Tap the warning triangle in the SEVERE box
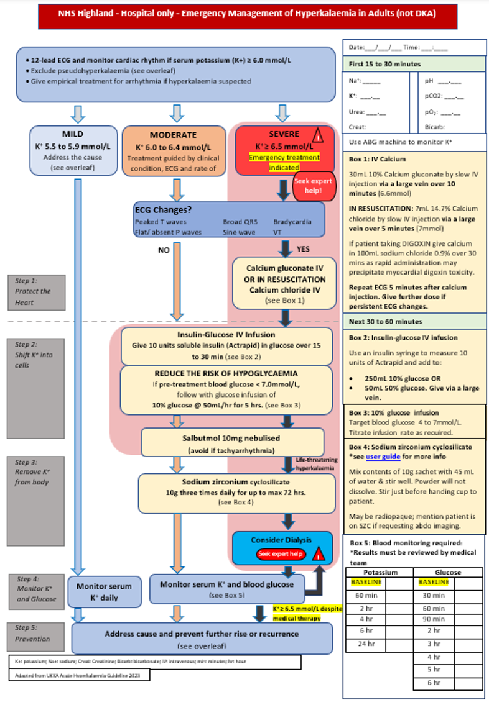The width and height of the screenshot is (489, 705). pyautogui.click(x=317, y=134)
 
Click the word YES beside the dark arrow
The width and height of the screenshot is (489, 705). pyautogui.click(x=303, y=248)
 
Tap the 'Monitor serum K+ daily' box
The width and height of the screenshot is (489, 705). pyautogui.click(x=104, y=592)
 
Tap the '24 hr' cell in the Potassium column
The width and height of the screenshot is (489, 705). pyautogui.click(x=359, y=644)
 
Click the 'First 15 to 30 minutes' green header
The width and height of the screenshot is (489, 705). pyautogui.click(x=384, y=64)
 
